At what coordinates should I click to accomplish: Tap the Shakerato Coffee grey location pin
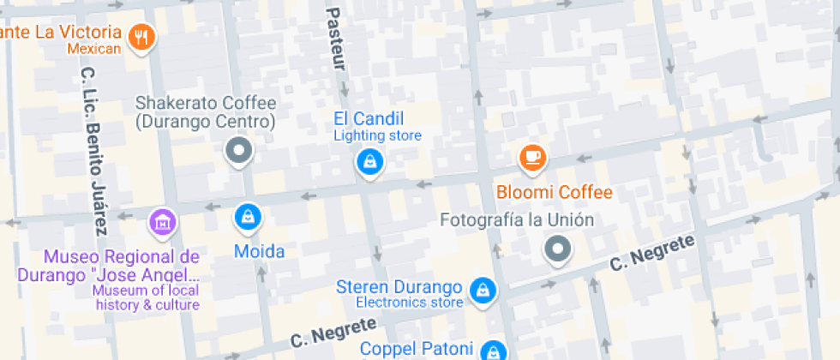(x=239, y=151)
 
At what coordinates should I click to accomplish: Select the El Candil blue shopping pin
(x=369, y=160)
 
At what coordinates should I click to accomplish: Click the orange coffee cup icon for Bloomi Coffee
(x=533, y=157)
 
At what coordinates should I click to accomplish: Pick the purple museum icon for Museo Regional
(x=161, y=222)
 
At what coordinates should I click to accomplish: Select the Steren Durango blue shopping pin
(x=483, y=289)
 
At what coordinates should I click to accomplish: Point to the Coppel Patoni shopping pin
(x=492, y=350)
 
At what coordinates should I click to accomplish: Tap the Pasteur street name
(x=335, y=39)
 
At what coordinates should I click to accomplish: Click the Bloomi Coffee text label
(x=555, y=190)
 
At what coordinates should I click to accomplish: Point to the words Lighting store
(x=377, y=135)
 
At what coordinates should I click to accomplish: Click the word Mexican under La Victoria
(x=94, y=49)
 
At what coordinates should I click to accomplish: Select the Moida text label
(x=259, y=252)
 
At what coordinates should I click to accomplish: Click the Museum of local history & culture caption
(x=147, y=297)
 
